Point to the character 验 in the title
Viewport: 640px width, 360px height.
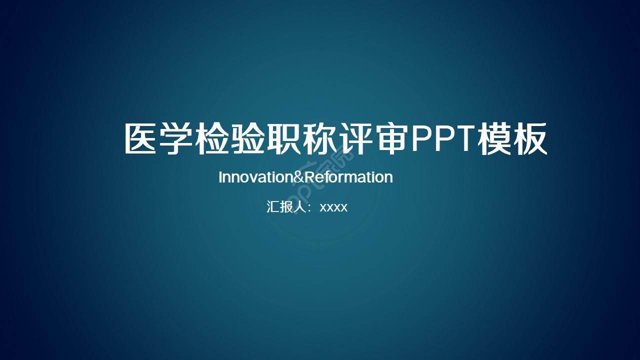(x=247, y=139)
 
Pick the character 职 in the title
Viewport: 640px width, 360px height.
(x=283, y=139)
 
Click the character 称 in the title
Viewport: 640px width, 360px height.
(x=318, y=139)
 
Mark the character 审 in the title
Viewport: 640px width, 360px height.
(x=389, y=139)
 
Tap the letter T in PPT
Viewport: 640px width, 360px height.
(x=463, y=139)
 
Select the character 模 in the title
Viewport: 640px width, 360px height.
(x=495, y=139)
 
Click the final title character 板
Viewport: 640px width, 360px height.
(x=530, y=139)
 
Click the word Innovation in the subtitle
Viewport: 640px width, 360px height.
(x=254, y=177)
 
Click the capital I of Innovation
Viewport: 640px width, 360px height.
(x=220, y=177)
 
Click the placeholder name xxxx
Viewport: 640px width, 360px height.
(x=333, y=207)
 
